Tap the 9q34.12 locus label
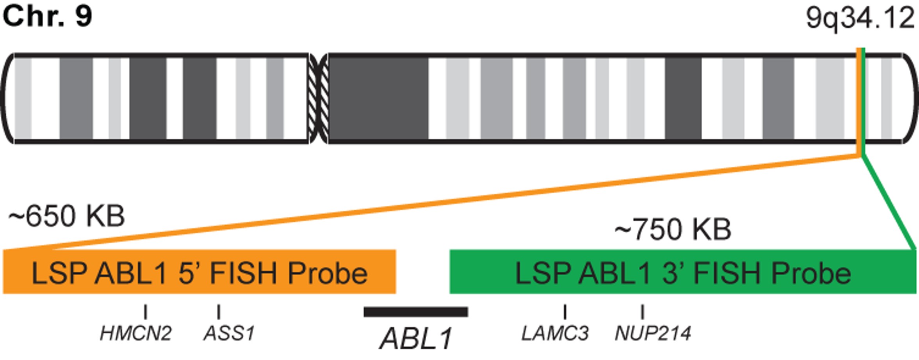[x=860, y=18]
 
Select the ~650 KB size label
[x=66, y=216]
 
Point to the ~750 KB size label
[x=673, y=229]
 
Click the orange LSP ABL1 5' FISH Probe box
[x=199, y=272]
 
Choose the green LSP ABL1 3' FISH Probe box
[x=683, y=272]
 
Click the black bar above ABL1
[x=416, y=312]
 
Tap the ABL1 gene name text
[x=416, y=338]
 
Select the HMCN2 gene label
[x=135, y=333]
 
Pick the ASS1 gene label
[x=229, y=333]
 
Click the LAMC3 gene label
[x=555, y=333]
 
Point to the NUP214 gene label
[x=653, y=333]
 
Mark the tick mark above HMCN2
[x=145, y=312]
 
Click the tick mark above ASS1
[x=219, y=312]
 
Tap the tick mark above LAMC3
[x=565, y=312]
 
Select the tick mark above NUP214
[x=642, y=312]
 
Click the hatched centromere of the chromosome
[x=318, y=98]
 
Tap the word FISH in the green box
[x=727, y=273]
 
